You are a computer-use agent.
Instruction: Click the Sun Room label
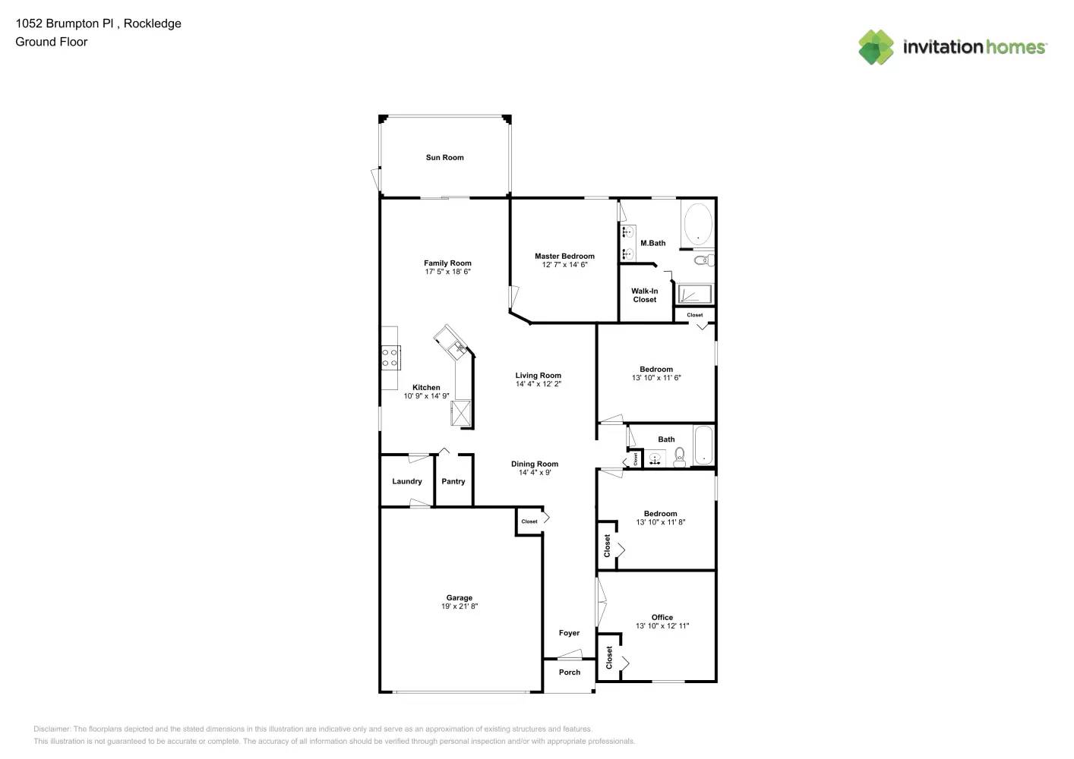click(x=444, y=158)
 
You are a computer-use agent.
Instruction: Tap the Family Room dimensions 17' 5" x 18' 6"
click(x=447, y=272)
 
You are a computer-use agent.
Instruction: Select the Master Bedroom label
click(x=564, y=257)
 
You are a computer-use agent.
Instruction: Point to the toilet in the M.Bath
click(x=704, y=260)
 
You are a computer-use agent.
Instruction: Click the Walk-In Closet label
click(x=644, y=295)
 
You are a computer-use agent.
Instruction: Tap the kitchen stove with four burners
click(x=390, y=357)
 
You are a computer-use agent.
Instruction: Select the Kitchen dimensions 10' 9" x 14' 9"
click(x=426, y=396)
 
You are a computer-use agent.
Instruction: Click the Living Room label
click(x=538, y=376)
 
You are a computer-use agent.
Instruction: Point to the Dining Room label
click(x=534, y=465)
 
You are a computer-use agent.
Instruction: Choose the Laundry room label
click(x=407, y=482)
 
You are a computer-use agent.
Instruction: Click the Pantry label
click(x=453, y=482)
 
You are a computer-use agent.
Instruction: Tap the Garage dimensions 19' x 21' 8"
click(x=460, y=606)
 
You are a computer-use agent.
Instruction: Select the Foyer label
click(x=569, y=633)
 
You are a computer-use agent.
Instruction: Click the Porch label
click(x=569, y=672)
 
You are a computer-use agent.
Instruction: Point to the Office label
click(x=662, y=618)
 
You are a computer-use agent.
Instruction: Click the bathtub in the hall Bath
click(x=703, y=446)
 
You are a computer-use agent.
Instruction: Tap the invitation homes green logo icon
click(x=876, y=47)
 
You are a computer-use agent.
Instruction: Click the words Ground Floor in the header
click(x=52, y=42)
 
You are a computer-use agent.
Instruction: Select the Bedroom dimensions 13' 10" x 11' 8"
click(x=660, y=522)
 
